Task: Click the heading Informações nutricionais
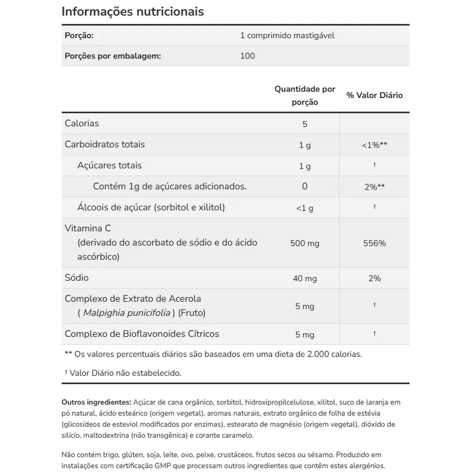tap(132, 11)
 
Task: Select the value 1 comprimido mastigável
tap(287, 36)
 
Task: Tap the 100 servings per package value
tap(248, 56)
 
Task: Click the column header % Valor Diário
tap(374, 95)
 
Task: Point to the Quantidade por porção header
tap(305, 95)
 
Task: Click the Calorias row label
tap(82, 123)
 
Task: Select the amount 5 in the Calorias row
tap(305, 124)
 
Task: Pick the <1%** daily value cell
tap(374, 145)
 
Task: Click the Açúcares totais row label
tap(109, 165)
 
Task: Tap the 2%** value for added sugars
tap(374, 187)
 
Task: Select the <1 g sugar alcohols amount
tap(305, 208)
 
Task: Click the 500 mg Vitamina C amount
tap(305, 243)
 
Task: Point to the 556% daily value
tap(374, 243)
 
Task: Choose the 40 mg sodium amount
tap(305, 278)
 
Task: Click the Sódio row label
tap(77, 278)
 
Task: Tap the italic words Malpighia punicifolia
tap(127, 313)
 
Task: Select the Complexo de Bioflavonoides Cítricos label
tap(142, 334)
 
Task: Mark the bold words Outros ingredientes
tap(96, 402)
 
